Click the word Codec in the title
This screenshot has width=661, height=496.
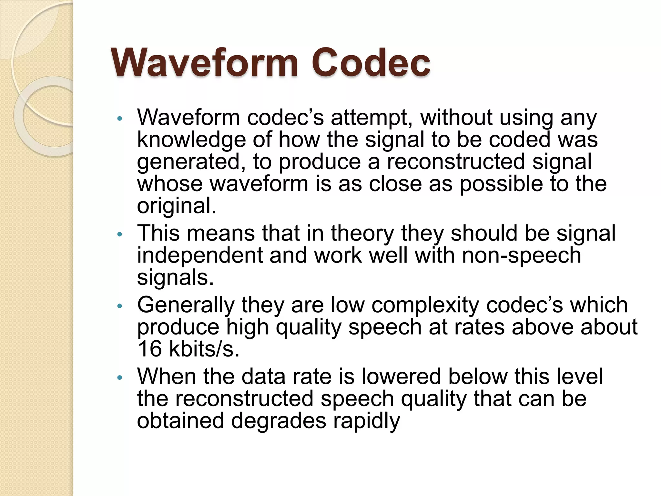tap(371, 62)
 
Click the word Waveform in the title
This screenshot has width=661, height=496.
tap(204, 62)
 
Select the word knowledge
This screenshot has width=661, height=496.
tap(191, 140)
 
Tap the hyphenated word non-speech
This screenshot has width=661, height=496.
tap(521, 256)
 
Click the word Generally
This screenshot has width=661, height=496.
tap(186, 305)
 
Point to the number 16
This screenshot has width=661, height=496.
tap(149, 349)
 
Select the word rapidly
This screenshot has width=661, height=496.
tap(366, 421)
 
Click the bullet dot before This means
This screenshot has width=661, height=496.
tap(120, 234)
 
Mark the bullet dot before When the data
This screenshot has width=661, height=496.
tap(120, 377)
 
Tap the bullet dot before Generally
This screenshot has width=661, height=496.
tap(120, 306)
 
